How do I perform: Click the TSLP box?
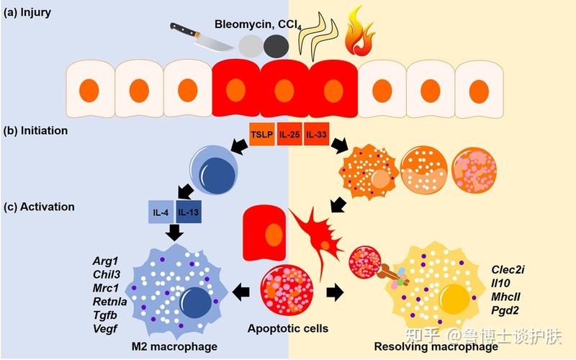(262, 134)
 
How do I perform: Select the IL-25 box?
(289, 134)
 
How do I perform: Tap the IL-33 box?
(316, 134)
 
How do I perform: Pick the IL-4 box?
(161, 212)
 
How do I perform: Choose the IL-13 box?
(189, 212)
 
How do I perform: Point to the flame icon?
(359, 31)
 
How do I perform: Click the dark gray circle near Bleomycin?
(276, 46)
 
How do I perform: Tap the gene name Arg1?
(105, 261)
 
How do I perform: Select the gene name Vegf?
(105, 328)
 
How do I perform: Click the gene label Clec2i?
(508, 269)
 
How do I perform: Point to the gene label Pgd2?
(505, 310)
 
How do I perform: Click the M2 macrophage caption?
(174, 346)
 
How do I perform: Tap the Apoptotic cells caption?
(288, 328)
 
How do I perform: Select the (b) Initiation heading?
(35, 131)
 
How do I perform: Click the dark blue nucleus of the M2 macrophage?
(195, 303)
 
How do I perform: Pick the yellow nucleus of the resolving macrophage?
(456, 297)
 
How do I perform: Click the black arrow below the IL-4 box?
(174, 232)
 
